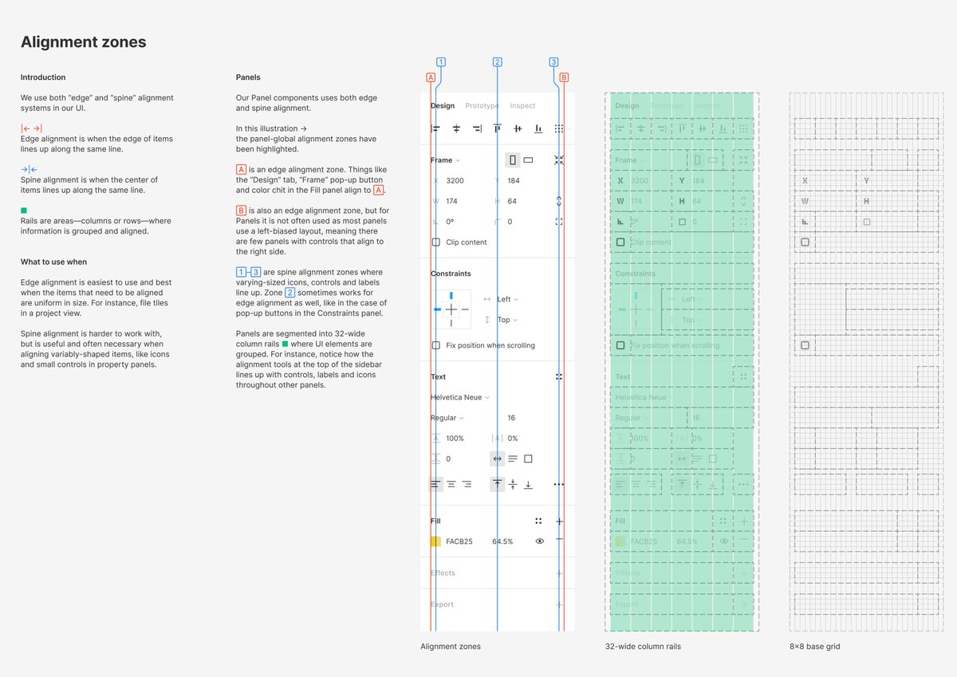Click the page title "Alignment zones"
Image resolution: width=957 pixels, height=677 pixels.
(83, 42)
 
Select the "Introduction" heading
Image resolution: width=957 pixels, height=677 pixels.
(43, 77)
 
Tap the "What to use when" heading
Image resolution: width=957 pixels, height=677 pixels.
(53, 262)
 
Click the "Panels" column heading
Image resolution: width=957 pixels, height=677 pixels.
(248, 77)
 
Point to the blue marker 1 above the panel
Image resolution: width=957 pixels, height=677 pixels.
(440, 62)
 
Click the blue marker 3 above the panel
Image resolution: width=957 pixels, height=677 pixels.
(553, 62)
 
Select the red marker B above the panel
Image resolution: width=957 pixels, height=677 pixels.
(564, 77)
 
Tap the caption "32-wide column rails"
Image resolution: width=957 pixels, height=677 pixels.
(642, 647)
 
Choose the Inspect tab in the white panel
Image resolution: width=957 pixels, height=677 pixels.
(522, 106)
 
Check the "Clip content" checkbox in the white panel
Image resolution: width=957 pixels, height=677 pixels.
(435, 242)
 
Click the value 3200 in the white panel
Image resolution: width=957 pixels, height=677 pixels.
(455, 181)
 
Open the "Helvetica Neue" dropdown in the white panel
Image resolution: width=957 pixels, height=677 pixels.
(459, 397)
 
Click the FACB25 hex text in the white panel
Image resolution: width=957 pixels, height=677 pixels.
(459, 541)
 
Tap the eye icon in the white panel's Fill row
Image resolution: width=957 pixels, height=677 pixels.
(540, 541)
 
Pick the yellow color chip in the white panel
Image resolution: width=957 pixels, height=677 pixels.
(435, 541)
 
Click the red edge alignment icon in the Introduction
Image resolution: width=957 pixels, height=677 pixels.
(31, 128)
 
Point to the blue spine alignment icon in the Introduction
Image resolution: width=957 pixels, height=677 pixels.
(30, 169)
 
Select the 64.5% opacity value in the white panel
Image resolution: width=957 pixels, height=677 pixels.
(502, 541)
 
